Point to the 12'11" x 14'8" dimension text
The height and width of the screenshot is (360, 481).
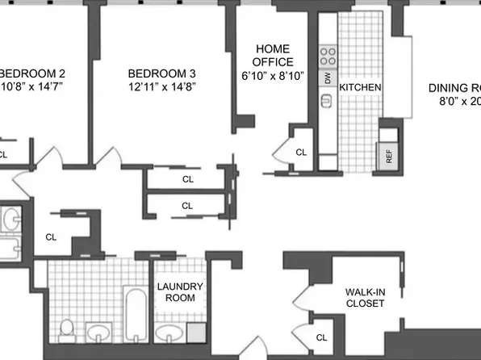coord(162,85)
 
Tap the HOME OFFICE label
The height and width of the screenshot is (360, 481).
coord(273,55)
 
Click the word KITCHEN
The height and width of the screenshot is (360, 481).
coord(360,87)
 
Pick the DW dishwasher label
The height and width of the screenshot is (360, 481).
coord(328,78)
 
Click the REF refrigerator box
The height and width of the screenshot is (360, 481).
coord(388,153)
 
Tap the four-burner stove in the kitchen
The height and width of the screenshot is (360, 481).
coord(328,56)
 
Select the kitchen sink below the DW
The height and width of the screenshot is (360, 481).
coord(328,100)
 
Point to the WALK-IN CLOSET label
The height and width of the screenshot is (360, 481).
coord(365,298)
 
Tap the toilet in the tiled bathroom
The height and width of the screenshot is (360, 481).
coord(68,329)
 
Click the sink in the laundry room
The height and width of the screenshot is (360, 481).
coord(169,332)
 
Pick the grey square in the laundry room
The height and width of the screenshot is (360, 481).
coord(196,332)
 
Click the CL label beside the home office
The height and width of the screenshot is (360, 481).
coord(301,152)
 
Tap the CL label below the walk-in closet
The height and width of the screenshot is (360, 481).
coord(321,337)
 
